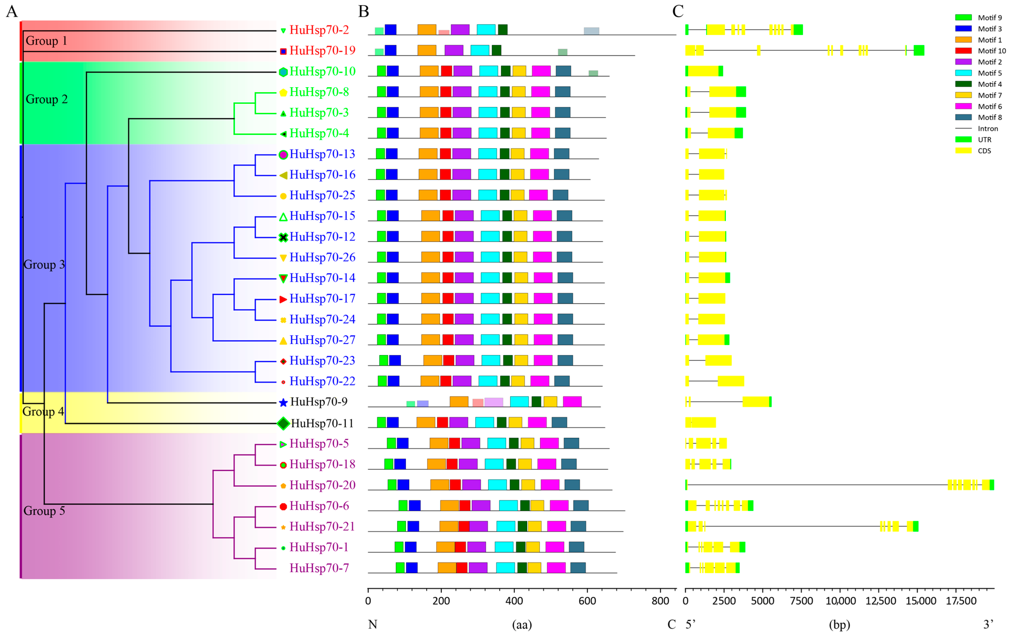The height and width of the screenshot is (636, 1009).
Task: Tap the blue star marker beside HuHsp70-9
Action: tap(283, 403)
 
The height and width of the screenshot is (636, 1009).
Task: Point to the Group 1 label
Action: tap(46, 41)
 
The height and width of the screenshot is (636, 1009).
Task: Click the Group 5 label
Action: tap(44, 511)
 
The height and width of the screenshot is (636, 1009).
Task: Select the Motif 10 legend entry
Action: tap(981, 51)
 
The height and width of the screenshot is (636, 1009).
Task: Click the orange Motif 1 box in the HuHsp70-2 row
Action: tap(427, 30)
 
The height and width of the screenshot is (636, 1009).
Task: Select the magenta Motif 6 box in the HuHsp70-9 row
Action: tap(572, 401)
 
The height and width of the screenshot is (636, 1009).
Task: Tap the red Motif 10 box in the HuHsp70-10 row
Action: tap(446, 71)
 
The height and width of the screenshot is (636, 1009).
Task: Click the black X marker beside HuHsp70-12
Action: tap(283, 237)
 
